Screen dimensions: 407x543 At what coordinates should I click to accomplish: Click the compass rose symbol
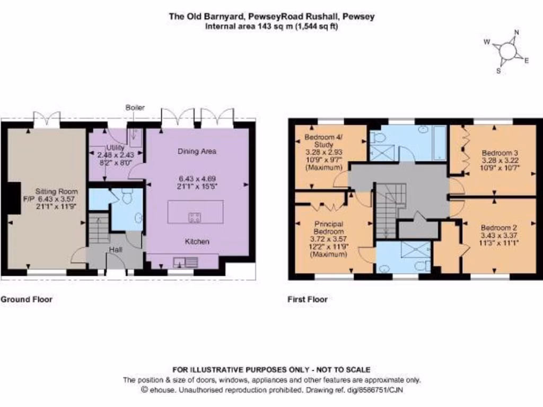(x=507, y=51)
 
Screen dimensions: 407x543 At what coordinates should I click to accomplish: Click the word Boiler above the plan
(x=135, y=108)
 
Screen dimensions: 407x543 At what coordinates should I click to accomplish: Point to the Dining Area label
(x=197, y=151)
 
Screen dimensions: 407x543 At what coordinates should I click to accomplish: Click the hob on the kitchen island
(x=195, y=216)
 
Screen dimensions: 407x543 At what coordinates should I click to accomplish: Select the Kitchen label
(x=197, y=242)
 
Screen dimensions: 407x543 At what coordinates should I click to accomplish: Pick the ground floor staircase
(x=99, y=228)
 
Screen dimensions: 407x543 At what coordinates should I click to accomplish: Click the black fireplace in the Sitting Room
(x=14, y=198)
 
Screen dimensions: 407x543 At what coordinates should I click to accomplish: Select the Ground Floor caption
(x=27, y=299)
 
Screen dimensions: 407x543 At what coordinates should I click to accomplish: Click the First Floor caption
(x=308, y=299)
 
